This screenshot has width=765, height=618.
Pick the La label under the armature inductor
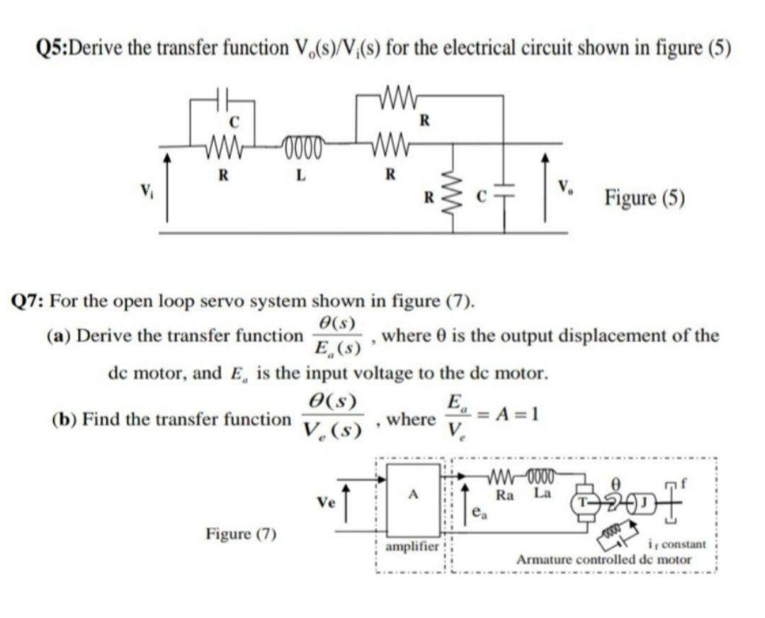[542, 494]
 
